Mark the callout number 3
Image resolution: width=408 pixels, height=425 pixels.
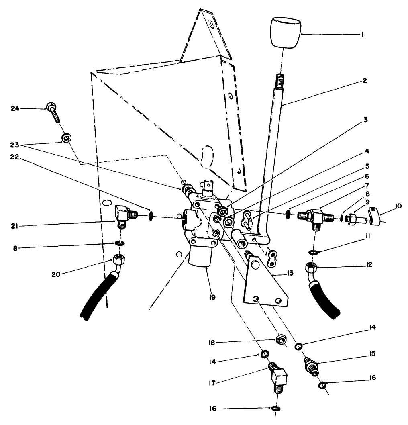click(x=365, y=119)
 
